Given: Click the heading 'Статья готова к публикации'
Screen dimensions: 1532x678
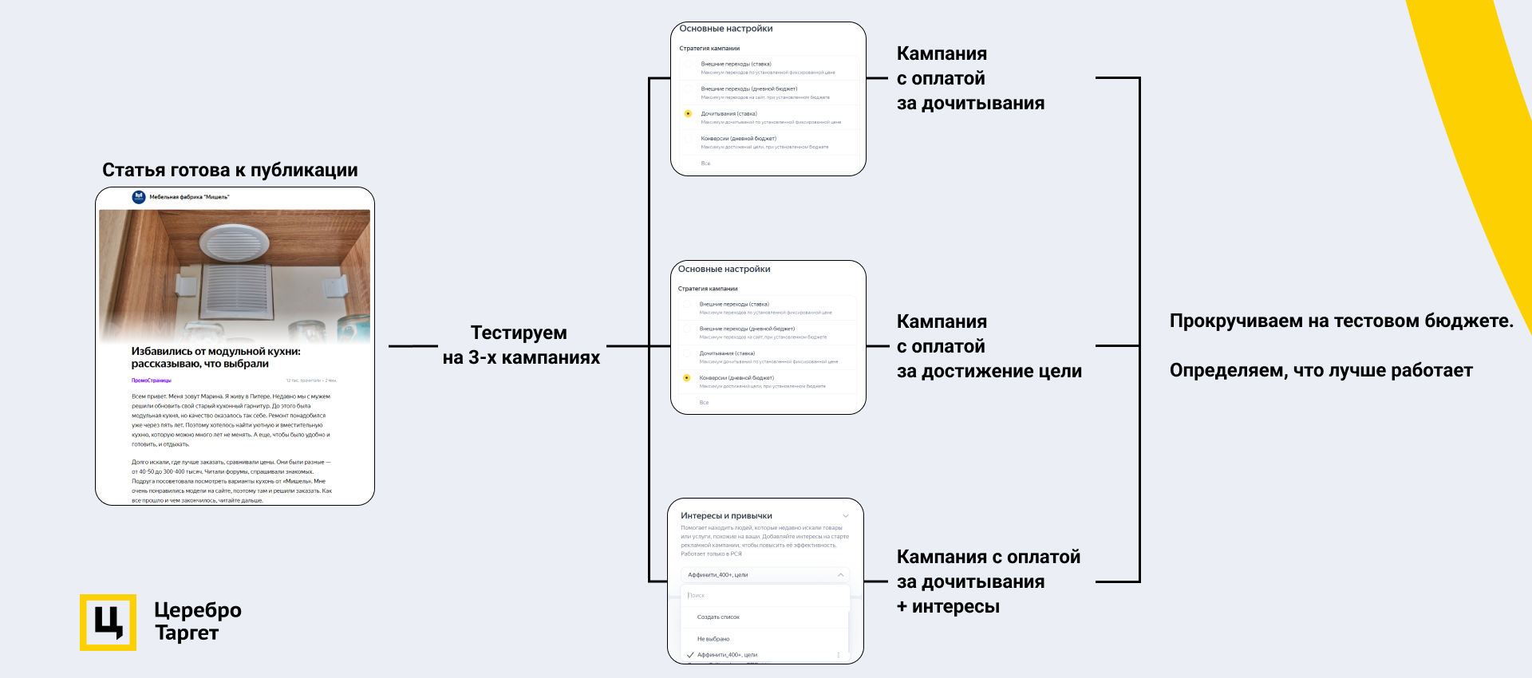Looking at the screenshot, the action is [230, 170].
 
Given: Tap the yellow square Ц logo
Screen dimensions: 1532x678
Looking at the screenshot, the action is [108, 622].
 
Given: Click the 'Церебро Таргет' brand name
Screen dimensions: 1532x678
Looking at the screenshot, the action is [197, 621].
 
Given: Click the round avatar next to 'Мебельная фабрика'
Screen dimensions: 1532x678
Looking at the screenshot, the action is [139, 197].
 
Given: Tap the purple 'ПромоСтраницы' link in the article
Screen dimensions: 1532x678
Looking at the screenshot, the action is [152, 380].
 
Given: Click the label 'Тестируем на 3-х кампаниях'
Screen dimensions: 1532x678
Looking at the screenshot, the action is [520, 345].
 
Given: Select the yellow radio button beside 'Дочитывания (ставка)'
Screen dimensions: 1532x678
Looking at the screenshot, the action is [688, 114].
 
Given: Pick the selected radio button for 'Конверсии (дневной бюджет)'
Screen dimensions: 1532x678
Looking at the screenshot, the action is [686, 378].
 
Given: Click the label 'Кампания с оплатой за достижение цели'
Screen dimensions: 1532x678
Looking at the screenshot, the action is [989, 346].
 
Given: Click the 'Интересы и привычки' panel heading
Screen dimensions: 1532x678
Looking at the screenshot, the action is [726, 516].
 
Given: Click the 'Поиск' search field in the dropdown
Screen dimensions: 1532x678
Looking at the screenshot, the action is [764, 596].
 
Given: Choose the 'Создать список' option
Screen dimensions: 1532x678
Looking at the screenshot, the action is [718, 617].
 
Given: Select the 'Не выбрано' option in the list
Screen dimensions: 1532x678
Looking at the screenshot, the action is [713, 639].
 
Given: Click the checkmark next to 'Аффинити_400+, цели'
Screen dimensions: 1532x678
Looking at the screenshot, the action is [690, 655].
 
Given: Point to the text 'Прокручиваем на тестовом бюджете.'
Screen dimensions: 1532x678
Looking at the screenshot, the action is [1341, 321].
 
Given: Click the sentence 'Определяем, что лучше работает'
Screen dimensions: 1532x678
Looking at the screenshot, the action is [1321, 370].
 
